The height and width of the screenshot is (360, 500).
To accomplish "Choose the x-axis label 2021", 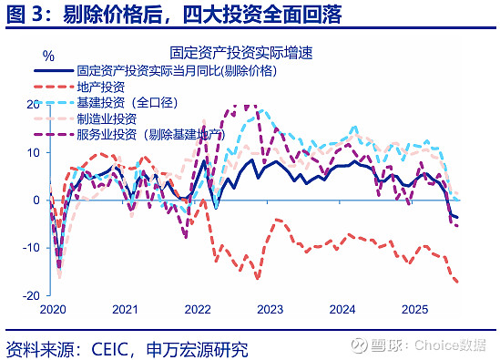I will (124, 310).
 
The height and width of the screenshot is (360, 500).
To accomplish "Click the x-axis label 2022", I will (196, 310).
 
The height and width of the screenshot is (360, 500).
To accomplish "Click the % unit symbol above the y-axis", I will (47, 57).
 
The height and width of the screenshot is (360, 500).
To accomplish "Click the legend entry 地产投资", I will (103, 86).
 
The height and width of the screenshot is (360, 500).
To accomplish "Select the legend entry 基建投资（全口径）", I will (127, 102).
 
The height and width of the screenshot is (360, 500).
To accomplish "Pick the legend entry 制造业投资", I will (108, 118).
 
